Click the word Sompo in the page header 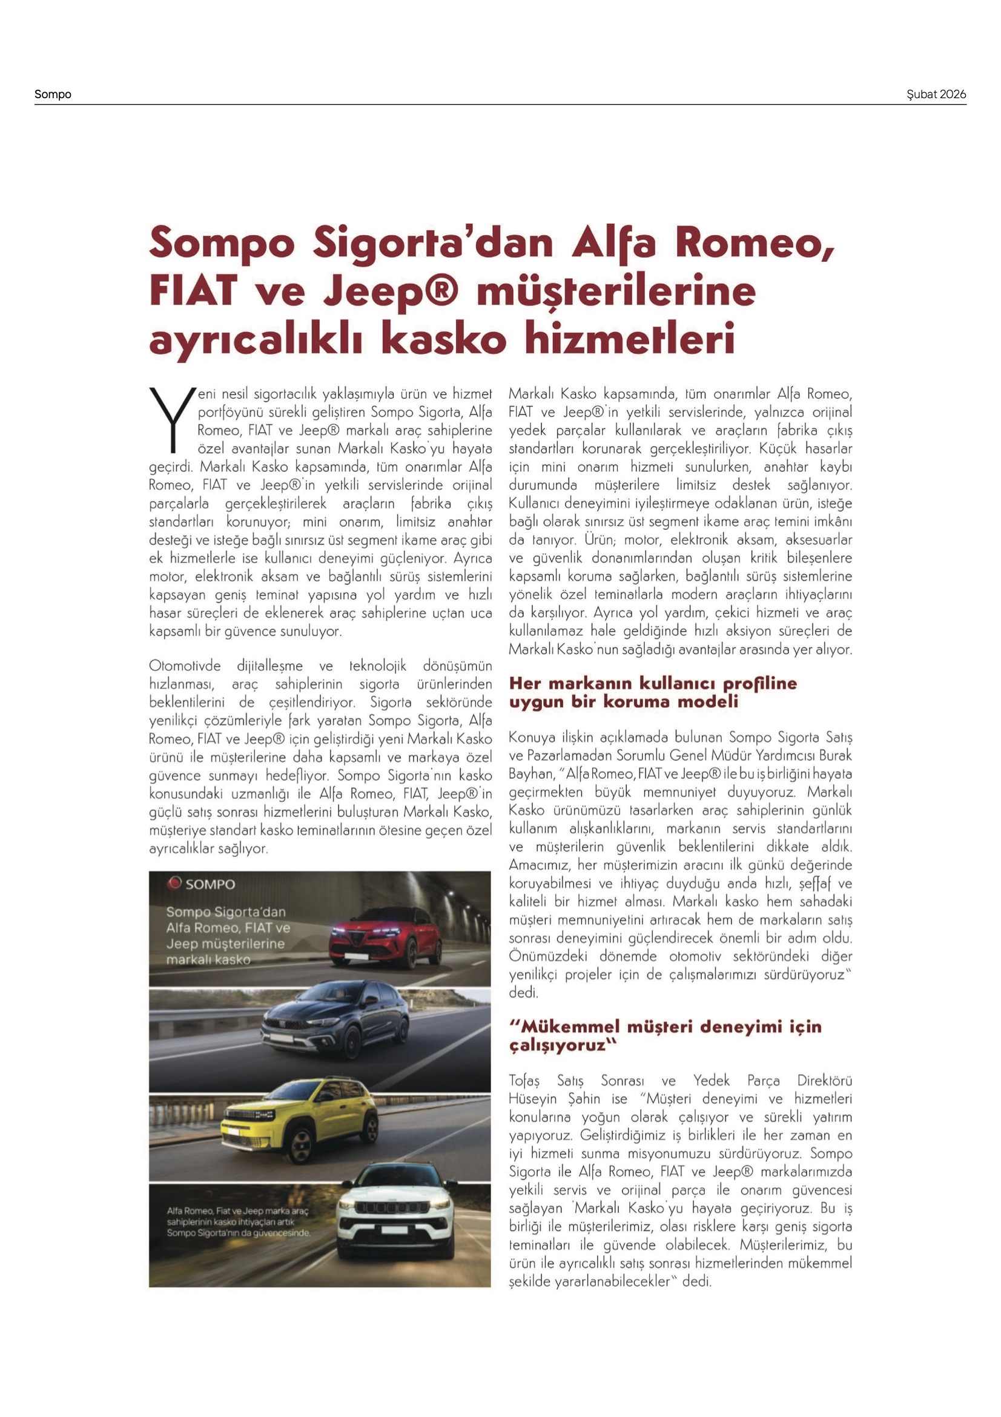pyautogui.click(x=53, y=95)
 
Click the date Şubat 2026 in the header pyautogui.click(x=936, y=95)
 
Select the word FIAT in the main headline pyautogui.click(x=193, y=291)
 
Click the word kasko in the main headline pyautogui.click(x=443, y=339)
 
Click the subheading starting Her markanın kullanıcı pyautogui.click(x=653, y=692)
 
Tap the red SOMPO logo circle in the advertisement pyautogui.click(x=174, y=883)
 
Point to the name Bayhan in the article pyautogui.click(x=530, y=773)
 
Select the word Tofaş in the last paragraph pyautogui.click(x=524, y=1080)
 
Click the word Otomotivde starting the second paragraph pyautogui.click(x=185, y=666)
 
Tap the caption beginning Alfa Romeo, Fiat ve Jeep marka pyautogui.click(x=238, y=1222)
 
